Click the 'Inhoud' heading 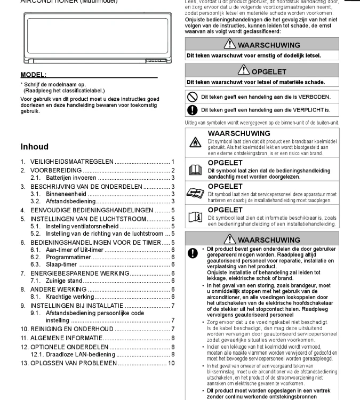click(x=34, y=147)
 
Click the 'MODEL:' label click(x=33, y=75)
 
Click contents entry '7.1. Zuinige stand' click(x=58, y=281)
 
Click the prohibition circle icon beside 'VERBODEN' click(x=193, y=97)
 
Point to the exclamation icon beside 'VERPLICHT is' click(x=193, y=110)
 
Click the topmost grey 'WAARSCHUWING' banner click(x=262, y=45)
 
